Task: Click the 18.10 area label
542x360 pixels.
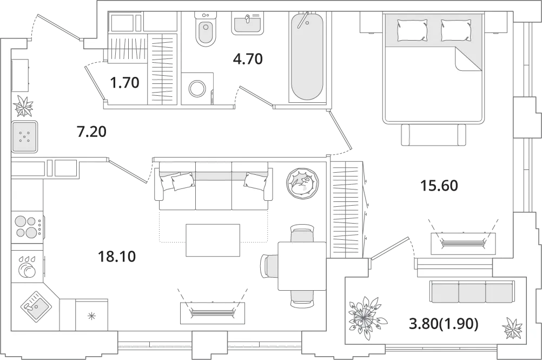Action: (117, 257)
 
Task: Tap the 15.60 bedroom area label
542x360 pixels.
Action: (439, 186)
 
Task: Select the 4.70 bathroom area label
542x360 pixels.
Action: (248, 59)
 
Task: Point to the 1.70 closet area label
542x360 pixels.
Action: (124, 83)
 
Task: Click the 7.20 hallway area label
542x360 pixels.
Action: (91, 132)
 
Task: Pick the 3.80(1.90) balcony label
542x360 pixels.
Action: (444, 324)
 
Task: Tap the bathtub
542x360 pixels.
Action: (307, 56)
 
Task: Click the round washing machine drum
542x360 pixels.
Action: (197, 88)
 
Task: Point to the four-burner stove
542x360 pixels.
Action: (27, 226)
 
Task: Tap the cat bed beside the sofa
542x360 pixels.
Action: (302, 182)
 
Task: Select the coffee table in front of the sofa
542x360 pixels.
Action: (213, 240)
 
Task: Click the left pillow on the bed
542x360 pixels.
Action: (412, 29)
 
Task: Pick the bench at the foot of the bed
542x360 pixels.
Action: (433, 135)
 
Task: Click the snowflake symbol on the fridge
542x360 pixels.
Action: (91, 316)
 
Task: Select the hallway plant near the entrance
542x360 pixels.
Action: (24, 106)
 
